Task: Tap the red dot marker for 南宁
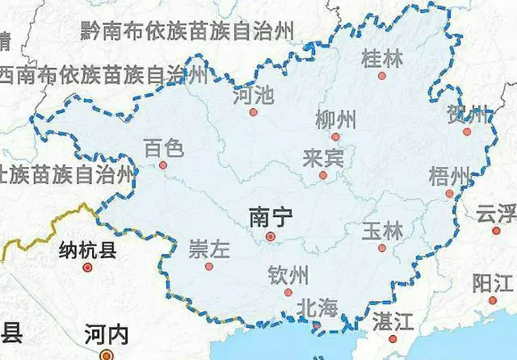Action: pos(271,237)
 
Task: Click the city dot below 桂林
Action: pos(382,76)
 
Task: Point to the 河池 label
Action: pos(252,96)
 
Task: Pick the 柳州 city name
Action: pos(335,120)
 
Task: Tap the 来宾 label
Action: pos(323,157)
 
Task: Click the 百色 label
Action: pos(163,148)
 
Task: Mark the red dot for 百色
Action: pos(163,165)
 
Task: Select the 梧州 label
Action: pos(450,176)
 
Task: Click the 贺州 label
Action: pos(469,115)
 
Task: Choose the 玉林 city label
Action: pos(382,229)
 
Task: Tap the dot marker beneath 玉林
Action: pos(382,248)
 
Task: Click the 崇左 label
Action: pos(209,248)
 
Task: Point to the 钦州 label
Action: pos(288,275)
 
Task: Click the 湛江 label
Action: pos(393,322)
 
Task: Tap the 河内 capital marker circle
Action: pos(105,354)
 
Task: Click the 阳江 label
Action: pos(493,283)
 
